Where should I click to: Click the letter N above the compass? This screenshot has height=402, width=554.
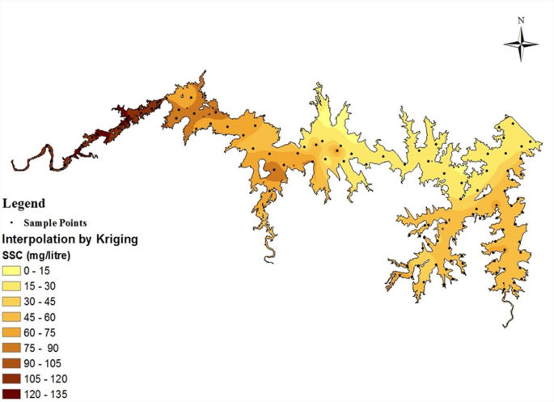coord(522,19)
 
